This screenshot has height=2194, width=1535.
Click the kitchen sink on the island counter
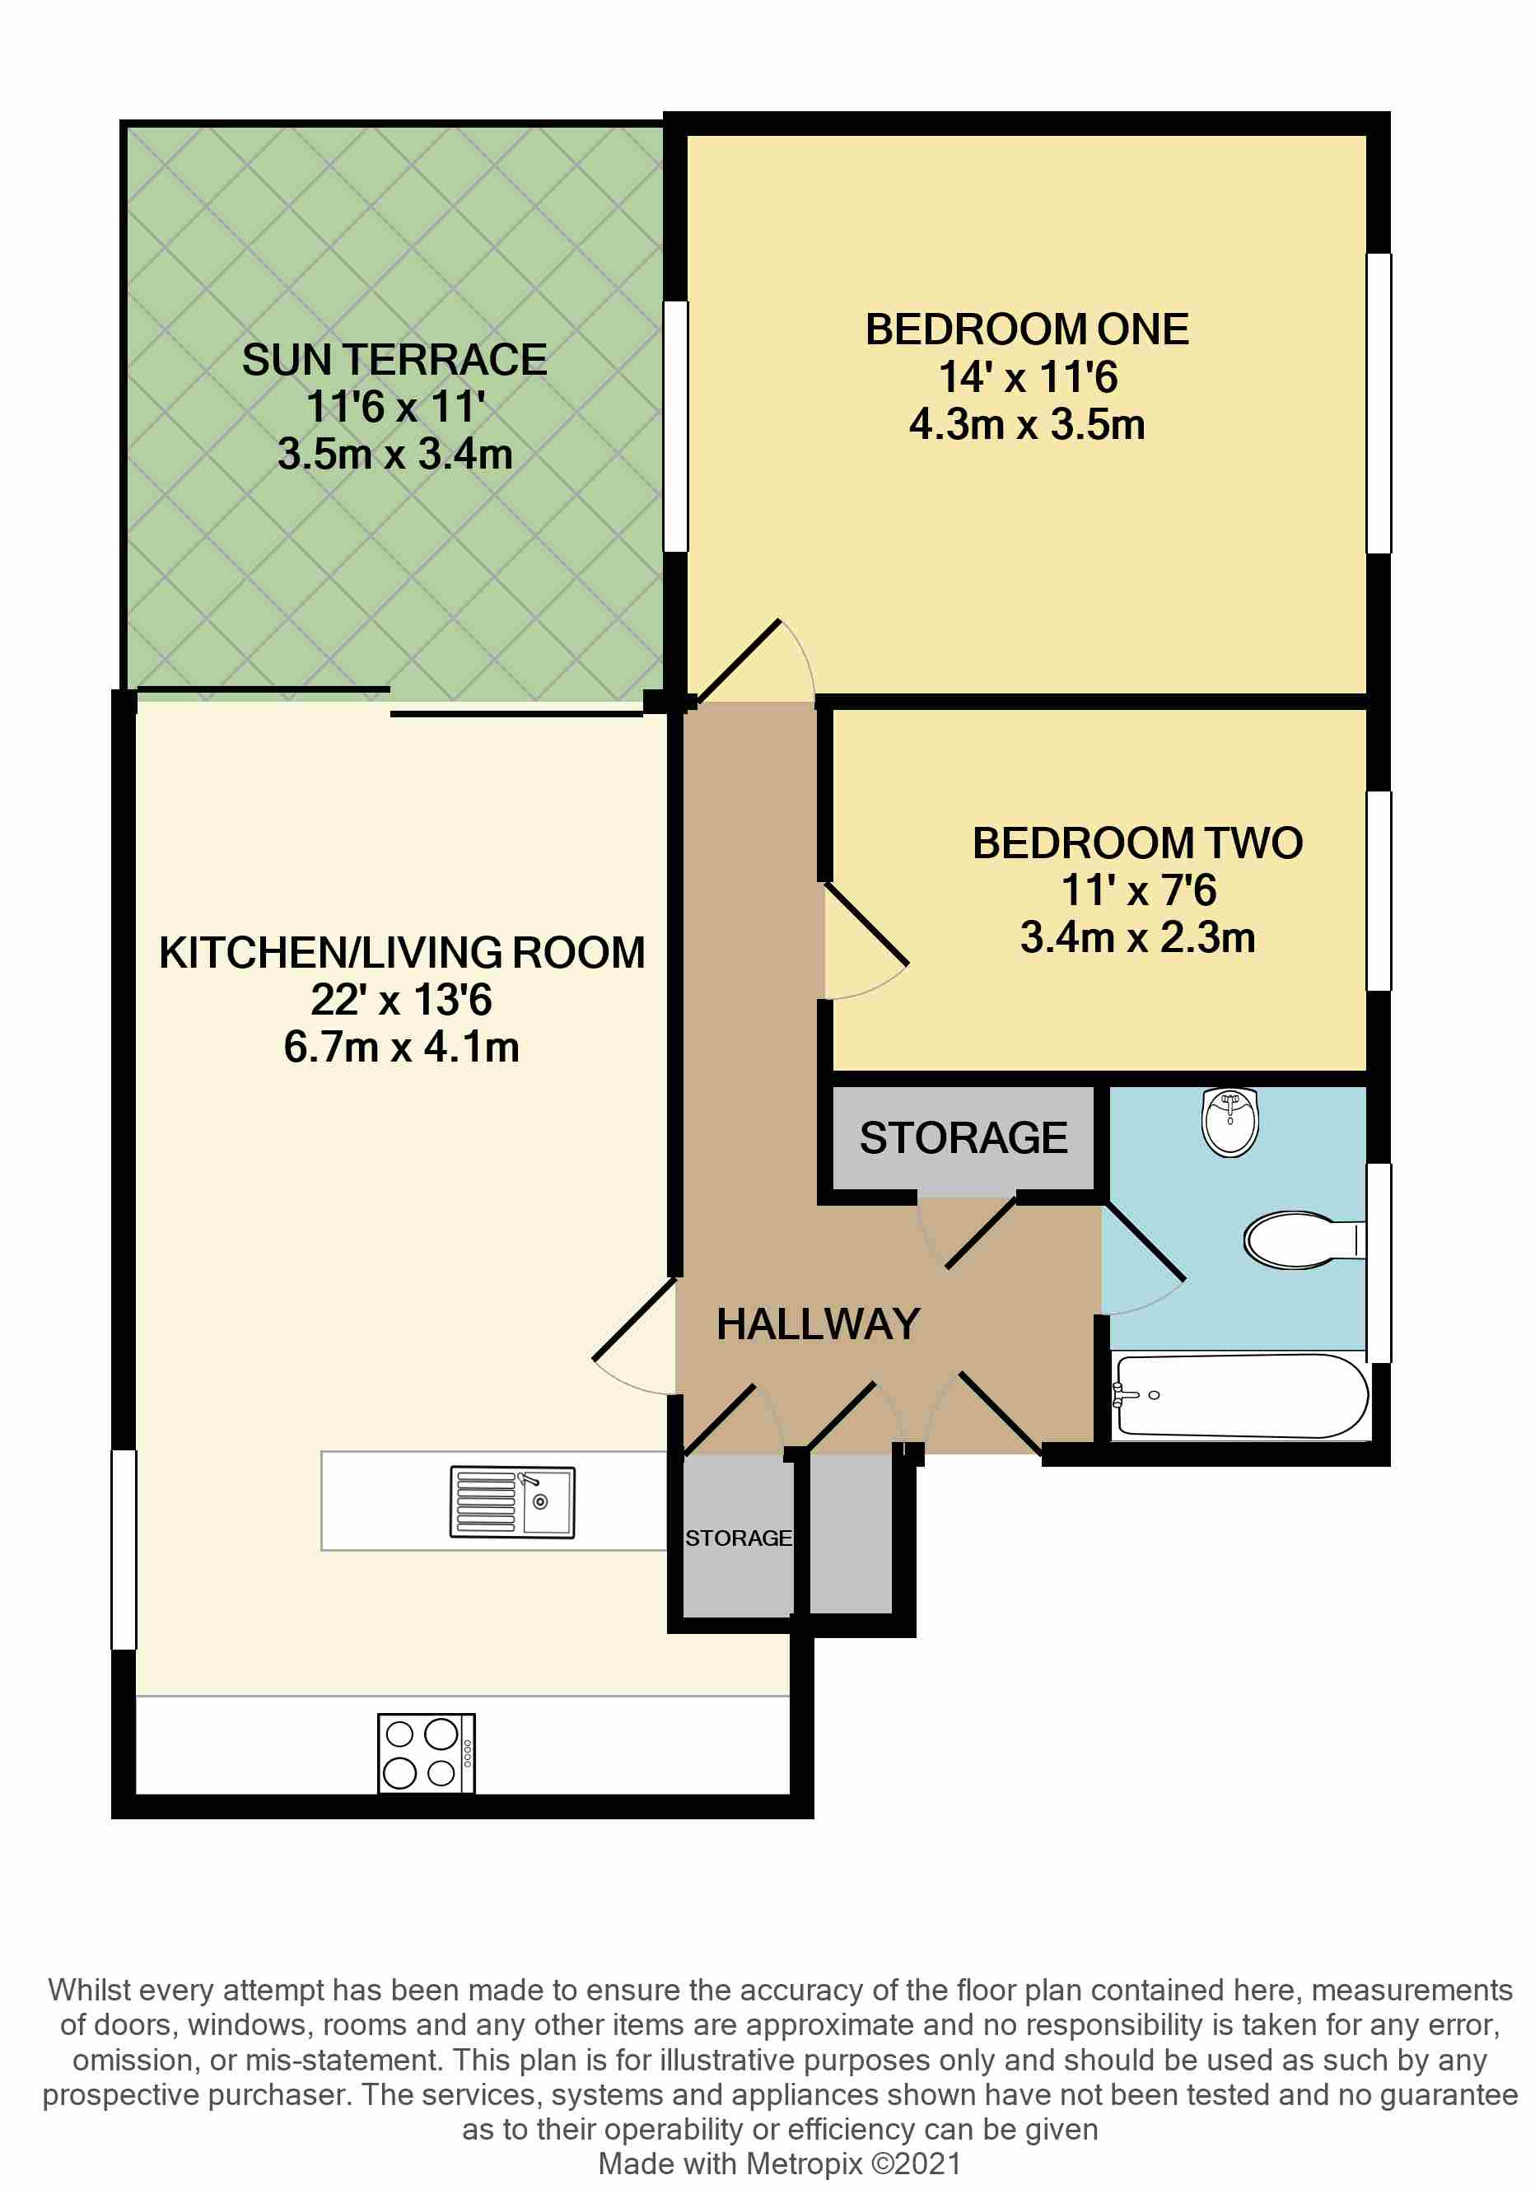point(512,1501)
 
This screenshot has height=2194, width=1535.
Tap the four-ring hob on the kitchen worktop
point(426,1753)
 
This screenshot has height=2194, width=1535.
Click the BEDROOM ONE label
point(1027,329)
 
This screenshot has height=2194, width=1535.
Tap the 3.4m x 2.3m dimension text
point(1136,937)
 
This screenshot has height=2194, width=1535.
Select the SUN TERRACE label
point(394,360)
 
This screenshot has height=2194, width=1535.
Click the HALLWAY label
point(818,1324)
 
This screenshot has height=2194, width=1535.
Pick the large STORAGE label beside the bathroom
point(963,1138)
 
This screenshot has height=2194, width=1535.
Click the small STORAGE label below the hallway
point(737,1538)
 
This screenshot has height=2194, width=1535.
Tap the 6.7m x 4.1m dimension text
point(401,1048)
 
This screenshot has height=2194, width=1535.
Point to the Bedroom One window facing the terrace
point(675,426)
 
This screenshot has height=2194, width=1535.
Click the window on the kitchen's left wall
point(124,1549)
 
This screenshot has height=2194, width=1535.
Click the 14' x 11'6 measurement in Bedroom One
point(1027,377)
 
